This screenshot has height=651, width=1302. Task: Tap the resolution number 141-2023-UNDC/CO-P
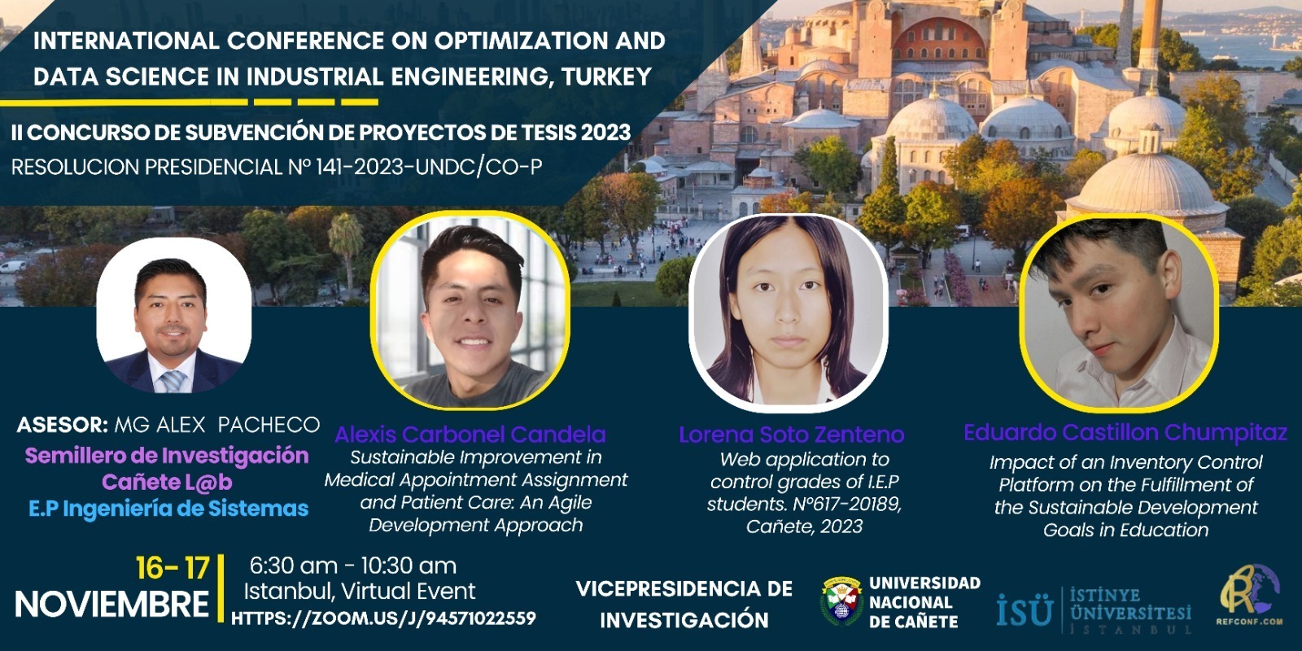(429, 168)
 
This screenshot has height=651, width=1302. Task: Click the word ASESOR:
(62, 425)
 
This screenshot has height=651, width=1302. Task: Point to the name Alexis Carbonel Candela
(470, 435)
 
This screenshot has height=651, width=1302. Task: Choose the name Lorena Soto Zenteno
(792, 435)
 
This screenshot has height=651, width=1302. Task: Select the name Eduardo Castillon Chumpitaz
(1125, 432)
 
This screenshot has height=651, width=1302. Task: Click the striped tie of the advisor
(173, 382)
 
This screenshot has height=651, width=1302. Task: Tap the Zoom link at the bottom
(383, 618)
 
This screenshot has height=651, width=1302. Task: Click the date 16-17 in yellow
(172, 568)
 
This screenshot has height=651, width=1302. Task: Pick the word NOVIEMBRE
(111, 605)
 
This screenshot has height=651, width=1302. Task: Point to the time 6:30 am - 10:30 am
(353, 566)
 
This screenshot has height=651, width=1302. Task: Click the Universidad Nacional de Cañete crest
(841, 601)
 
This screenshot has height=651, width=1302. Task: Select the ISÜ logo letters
(1025, 610)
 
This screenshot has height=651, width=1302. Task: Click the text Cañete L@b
(167, 482)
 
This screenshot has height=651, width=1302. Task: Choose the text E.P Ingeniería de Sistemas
(168, 509)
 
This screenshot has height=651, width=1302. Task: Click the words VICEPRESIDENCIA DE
(684, 589)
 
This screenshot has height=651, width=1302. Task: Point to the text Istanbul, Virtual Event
(359, 592)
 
